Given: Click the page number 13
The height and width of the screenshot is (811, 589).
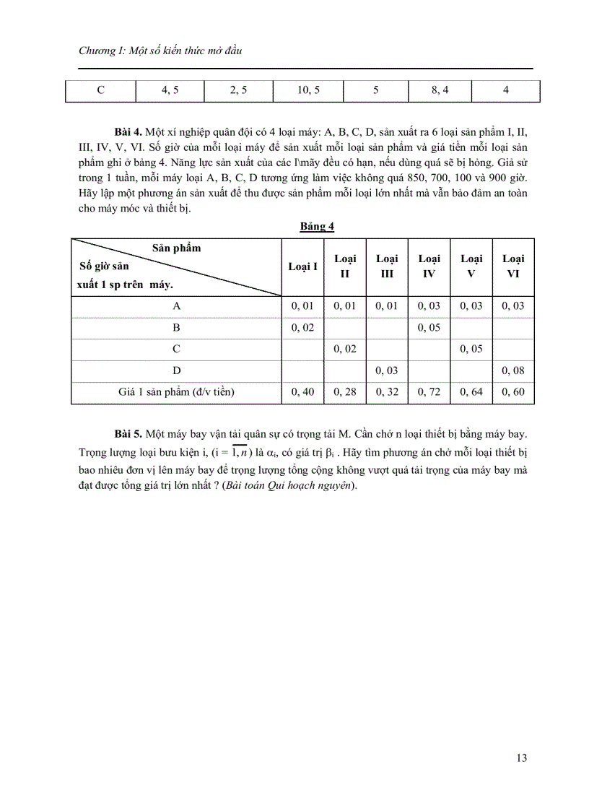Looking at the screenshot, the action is click(x=522, y=758).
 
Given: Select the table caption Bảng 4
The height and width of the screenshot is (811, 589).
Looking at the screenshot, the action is click(x=318, y=226).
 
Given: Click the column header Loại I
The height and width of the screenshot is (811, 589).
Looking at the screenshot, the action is click(x=302, y=266).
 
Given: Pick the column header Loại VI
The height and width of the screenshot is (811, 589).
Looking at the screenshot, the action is click(x=513, y=266).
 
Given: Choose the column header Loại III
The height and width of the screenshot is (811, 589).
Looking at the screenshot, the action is click(x=387, y=266).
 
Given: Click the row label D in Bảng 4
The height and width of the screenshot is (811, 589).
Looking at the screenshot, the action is click(x=176, y=370).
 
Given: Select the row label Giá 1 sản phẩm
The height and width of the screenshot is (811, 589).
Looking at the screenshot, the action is click(x=176, y=392).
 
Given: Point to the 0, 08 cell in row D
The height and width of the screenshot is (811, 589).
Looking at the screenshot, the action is click(x=513, y=370).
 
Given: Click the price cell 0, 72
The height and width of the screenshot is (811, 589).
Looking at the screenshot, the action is click(x=429, y=392).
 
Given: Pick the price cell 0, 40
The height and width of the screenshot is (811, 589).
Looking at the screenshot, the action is click(x=302, y=392).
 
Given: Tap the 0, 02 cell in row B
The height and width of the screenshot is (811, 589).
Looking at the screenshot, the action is click(x=302, y=327).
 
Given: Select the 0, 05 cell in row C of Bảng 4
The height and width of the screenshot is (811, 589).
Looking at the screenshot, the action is click(x=471, y=349).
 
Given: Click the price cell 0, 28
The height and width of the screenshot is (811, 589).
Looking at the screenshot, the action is click(x=345, y=392).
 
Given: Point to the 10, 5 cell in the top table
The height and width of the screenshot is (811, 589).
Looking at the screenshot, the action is click(x=308, y=90).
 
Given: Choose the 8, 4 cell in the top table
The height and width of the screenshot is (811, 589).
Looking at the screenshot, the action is click(x=440, y=90).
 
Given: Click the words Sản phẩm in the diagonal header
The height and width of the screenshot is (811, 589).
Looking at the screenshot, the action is click(x=176, y=248).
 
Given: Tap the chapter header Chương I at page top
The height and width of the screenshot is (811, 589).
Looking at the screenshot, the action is click(x=160, y=51).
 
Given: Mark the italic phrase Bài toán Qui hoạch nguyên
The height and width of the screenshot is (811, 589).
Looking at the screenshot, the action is click(x=289, y=485).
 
